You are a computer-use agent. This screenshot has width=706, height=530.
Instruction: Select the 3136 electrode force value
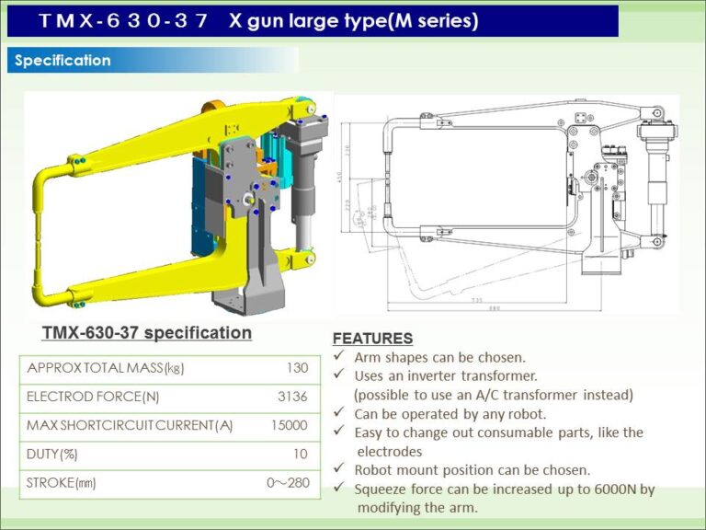pyautogui.click(x=292, y=397)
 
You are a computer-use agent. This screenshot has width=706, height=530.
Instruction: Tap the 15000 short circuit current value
pyautogui.click(x=290, y=425)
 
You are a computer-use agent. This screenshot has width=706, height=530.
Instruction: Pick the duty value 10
pyautogui.click(x=300, y=454)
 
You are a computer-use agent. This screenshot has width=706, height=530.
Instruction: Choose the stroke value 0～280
pyautogui.click(x=287, y=482)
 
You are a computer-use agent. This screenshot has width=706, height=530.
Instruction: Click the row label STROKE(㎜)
pyautogui.click(x=61, y=482)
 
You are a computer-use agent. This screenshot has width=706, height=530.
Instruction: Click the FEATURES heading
pyautogui.click(x=372, y=338)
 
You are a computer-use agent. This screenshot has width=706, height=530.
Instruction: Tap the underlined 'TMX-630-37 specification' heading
pyautogui.click(x=146, y=332)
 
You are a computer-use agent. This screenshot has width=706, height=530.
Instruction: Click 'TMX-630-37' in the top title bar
pyautogui.click(x=123, y=20)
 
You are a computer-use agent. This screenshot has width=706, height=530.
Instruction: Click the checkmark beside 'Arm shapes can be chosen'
pyautogui.click(x=338, y=356)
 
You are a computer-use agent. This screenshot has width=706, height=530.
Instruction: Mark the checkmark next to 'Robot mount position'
pyautogui.click(x=338, y=470)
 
